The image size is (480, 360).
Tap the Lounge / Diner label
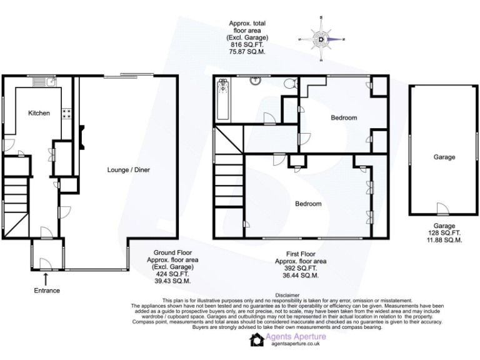(129, 169)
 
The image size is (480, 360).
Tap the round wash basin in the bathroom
(255, 80)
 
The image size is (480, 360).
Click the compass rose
(321, 39)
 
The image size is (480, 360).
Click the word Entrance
(47, 291)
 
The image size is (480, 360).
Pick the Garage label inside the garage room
(444, 157)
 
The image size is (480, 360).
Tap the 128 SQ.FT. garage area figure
(444, 232)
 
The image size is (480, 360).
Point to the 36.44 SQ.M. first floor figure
(301, 275)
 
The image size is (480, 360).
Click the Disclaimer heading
(287, 294)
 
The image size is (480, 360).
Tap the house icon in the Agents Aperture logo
(256, 339)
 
